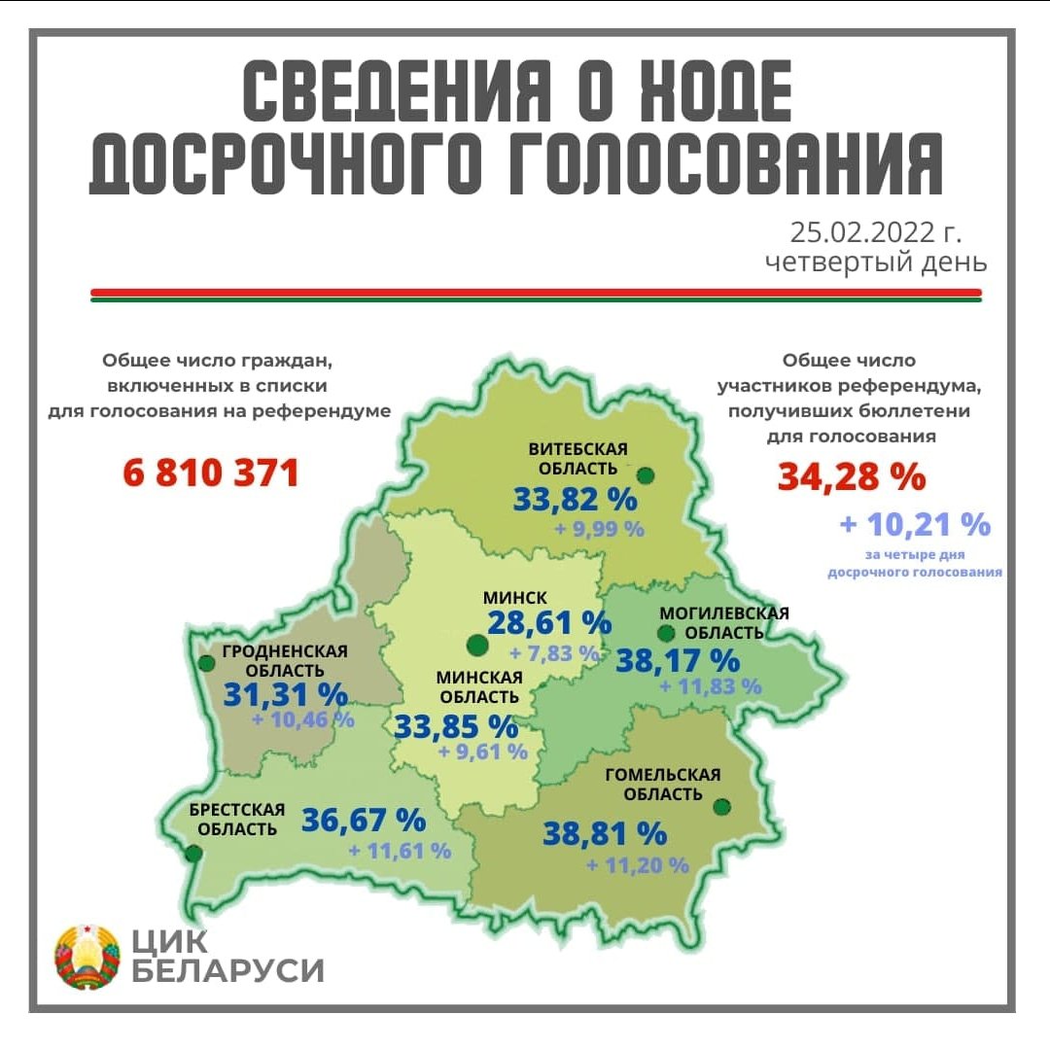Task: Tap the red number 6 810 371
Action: pyautogui.click(x=211, y=473)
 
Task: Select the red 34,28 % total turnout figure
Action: pyautogui.click(x=851, y=477)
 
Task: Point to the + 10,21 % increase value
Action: pyautogui.click(x=915, y=525)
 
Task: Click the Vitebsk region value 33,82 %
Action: pyautogui.click(x=575, y=501)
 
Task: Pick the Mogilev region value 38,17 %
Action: pyautogui.click(x=678, y=661)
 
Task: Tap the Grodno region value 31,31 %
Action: pyautogui.click(x=285, y=694)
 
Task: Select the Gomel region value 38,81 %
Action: pyautogui.click(x=604, y=833)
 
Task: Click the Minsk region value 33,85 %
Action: pyautogui.click(x=454, y=726)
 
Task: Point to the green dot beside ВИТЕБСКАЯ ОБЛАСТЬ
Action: pyautogui.click(x=646, y=475)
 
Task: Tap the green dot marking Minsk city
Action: pyautogui.click(x=476, y=644)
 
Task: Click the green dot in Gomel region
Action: pyautogui.click(x=721, y=807)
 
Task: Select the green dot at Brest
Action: pyautogui.click(x=193, y=854)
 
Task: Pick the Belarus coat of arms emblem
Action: pyautogui.click(x=88, y=957)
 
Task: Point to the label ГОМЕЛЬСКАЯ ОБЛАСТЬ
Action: pyautogui.click(x=662, y=785)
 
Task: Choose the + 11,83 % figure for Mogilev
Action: pyautogui.click(x=710, y=685)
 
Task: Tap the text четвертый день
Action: pyautogui.click(x=875, y=262)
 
